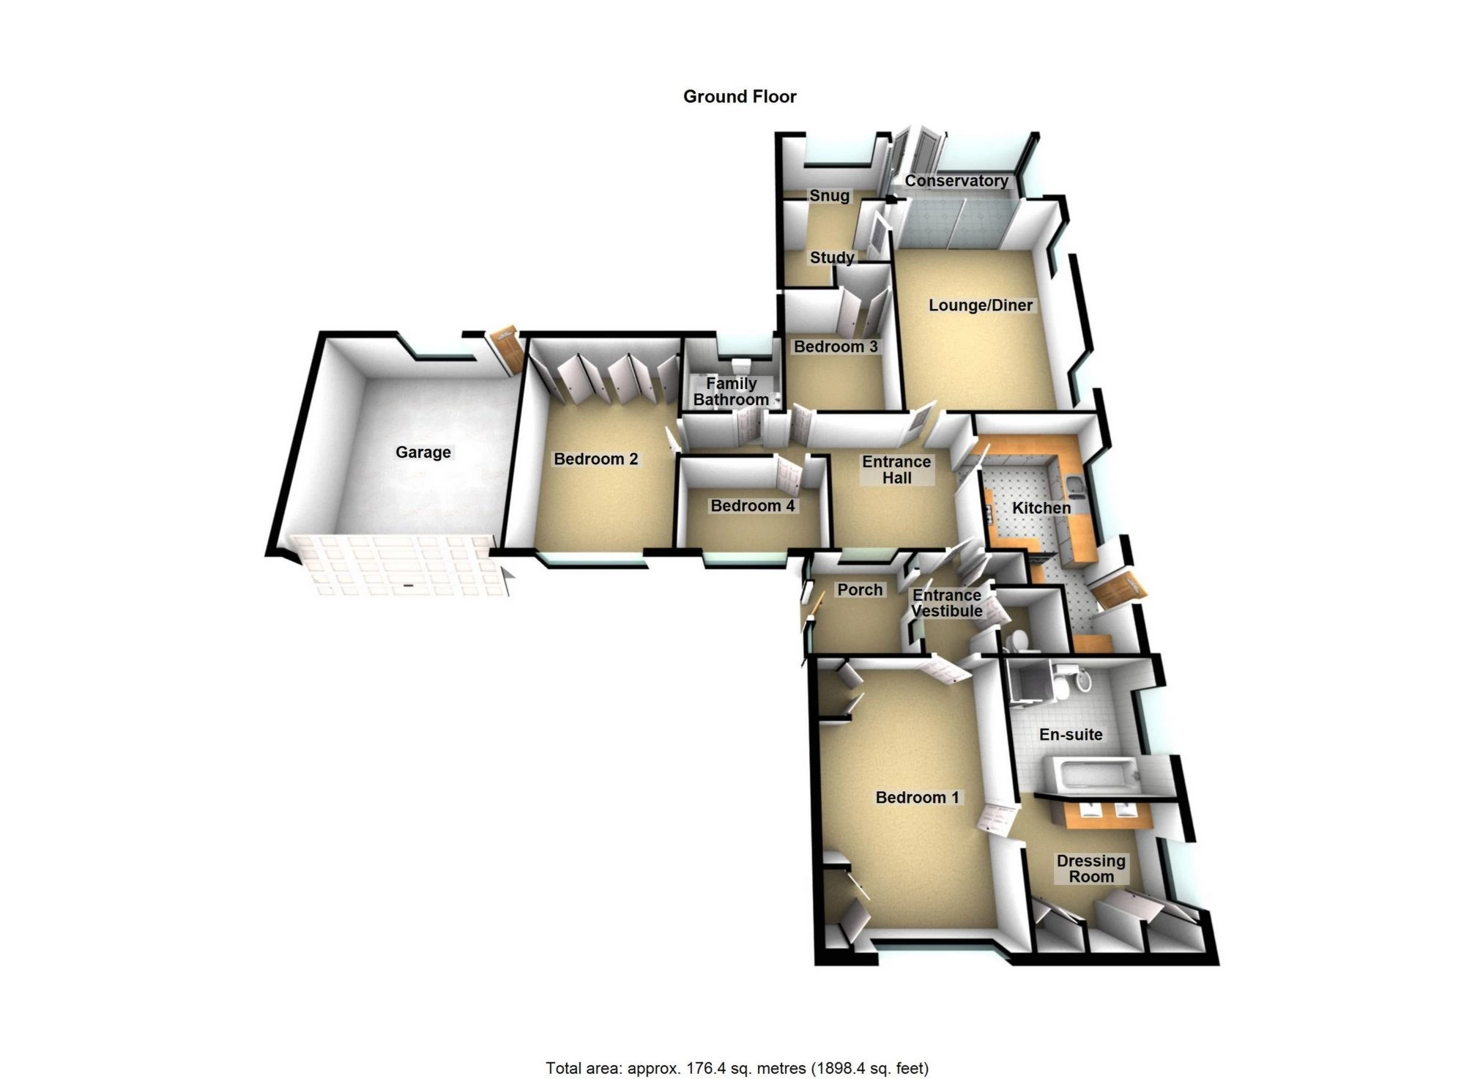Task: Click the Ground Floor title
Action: [739, 97]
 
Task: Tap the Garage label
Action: [423, 453]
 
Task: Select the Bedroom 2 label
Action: [595, 459]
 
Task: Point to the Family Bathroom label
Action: [731, 392]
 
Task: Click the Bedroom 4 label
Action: [752, 505]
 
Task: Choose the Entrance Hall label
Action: [896, 470]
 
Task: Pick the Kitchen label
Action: [1041, 508]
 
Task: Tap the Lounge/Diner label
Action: [980, 305]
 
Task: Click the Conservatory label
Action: [956, 181]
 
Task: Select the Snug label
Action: [829, 196]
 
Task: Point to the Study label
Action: [831, 258]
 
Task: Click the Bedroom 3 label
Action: [836, 346]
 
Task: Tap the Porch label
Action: [860, 590]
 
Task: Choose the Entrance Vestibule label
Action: [946, 603]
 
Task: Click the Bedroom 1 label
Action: [917, 798]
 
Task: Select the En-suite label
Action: [1070, 735]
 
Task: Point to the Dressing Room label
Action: [1090, 869]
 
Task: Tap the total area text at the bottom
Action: [737, 1068]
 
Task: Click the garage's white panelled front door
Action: [399, 566]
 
